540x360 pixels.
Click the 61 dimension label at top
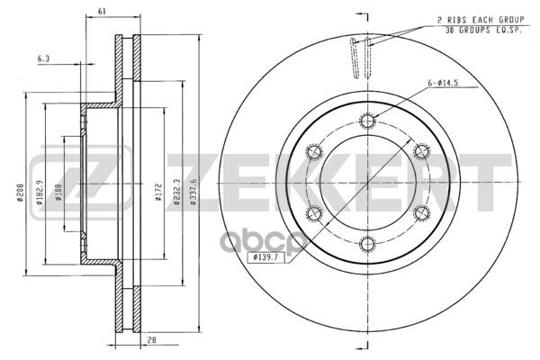(x=102, y=11)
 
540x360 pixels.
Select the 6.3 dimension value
(x=44, y=58)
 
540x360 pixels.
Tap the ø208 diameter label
(x=21, y=193)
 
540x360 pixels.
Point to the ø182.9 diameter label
(x=40, y=193)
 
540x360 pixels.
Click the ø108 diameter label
(x=58, y=193)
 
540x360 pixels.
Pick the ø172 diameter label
(x=158, y=193)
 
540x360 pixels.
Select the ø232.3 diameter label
(x=177, y=193)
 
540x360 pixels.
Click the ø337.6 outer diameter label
(x=193, y=193)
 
